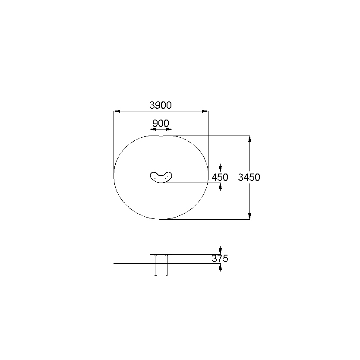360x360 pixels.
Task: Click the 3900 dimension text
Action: click(x=161, y=105)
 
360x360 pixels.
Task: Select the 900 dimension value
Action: click(x=161, y=123)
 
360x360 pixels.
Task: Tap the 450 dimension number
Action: click(x=220, y=177)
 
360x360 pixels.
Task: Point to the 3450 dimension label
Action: click(x=249, y=177)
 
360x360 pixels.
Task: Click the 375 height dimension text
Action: click(x=220, y=259)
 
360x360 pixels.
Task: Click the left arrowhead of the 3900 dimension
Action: click(x=117, y=111)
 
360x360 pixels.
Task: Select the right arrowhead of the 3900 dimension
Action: click(x=205, y=111)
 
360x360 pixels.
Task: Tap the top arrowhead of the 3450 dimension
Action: click(x=249, y=139)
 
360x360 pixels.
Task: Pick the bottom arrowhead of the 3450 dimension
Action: click(x=249, y=216)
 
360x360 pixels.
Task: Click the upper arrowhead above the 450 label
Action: click(x=221, y=169)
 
